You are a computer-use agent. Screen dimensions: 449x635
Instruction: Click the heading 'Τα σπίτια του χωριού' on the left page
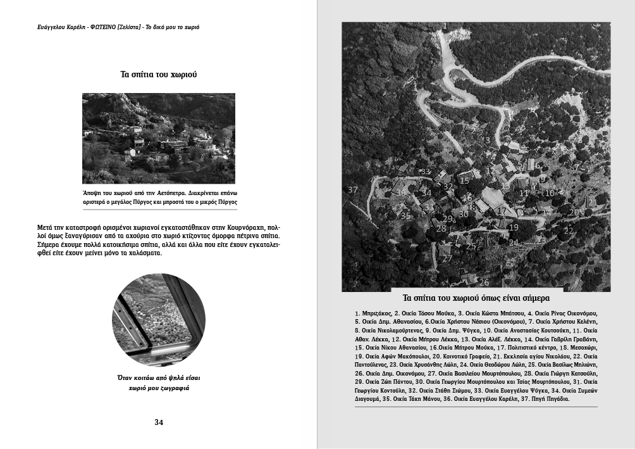pos(159,74)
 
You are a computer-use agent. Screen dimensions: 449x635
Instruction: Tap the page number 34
pos(159,422)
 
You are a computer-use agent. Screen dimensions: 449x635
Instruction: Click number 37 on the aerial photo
pos(353,190)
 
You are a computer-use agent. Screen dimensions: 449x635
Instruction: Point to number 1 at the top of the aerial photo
pos(445,26)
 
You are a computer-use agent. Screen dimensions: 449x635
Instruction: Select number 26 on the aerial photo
pos(484,282)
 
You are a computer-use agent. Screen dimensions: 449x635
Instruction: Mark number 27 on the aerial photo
pos(447,259)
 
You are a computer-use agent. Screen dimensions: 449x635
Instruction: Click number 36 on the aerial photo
pos(401,193)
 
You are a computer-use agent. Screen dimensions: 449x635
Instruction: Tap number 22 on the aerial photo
pos(569,231)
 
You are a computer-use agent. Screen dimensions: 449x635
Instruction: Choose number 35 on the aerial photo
pos(405,215)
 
